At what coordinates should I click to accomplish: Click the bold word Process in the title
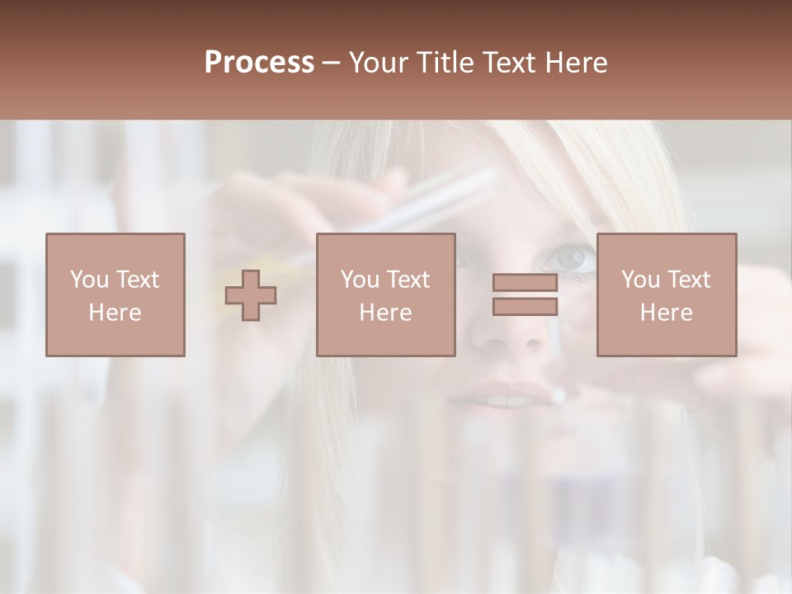click(259, 63)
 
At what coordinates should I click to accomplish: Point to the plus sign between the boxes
click(251, 295)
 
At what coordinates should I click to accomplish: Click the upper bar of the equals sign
click(525, 283)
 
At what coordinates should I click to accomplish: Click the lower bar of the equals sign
click(525, 306)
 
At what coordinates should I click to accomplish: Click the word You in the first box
click(88, 280)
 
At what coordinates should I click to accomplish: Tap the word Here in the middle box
click(385, 313)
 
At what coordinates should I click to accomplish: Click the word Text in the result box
click(687, 280)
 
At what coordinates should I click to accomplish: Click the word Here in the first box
click(115, 313)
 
